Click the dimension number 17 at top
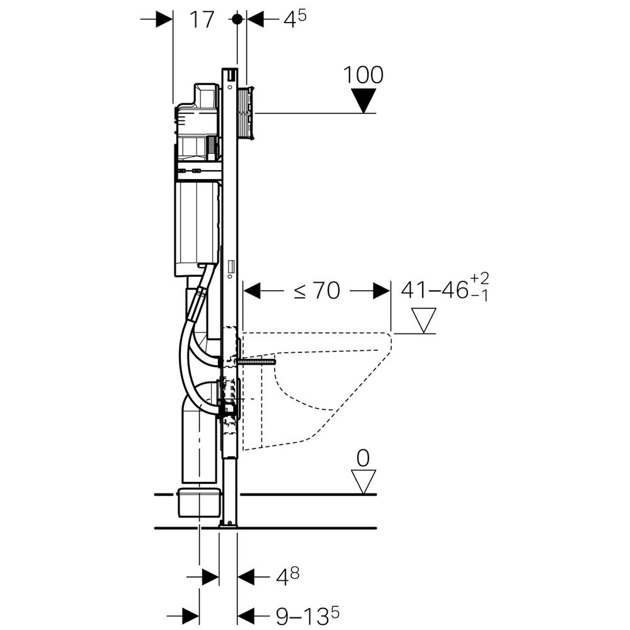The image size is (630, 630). tap(202, 20)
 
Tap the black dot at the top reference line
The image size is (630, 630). tap(237, 19)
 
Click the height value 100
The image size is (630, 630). tap(363, 75)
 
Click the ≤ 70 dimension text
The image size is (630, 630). tap(317, 290)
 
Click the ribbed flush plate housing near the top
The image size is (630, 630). tap(246, 112)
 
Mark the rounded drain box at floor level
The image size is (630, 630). tap(198, 501)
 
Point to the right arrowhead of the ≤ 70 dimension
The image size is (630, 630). tap(381, 290)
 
